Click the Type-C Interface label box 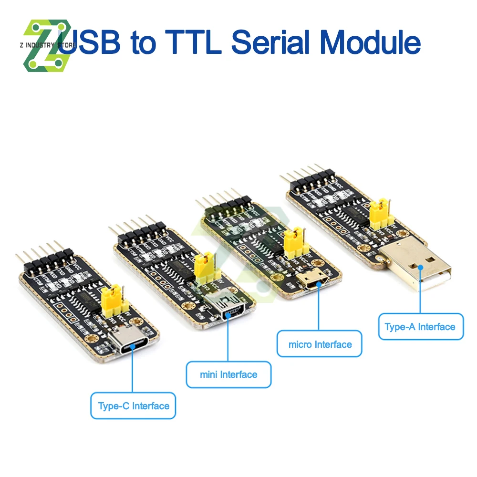[x=133, y=406]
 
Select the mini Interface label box [x=228, y=374]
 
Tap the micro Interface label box [x=320, y=344]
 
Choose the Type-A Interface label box [x=420, y=327]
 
